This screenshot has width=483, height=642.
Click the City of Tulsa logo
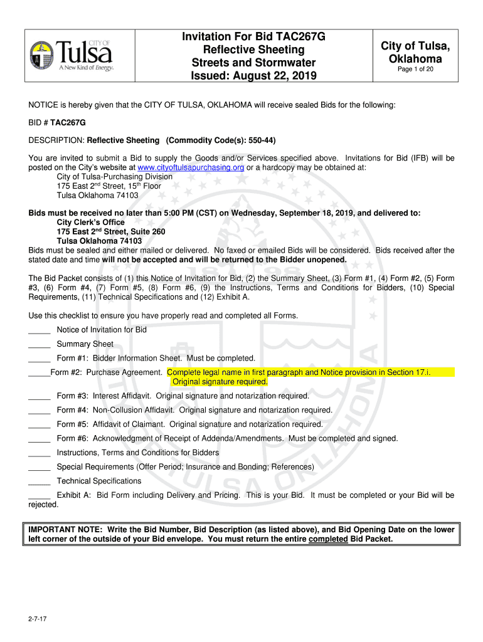[x=72, y=54]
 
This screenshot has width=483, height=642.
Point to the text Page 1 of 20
[x=415, y=70]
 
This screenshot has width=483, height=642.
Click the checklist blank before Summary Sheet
[x=39, y=344]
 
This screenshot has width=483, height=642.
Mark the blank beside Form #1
[x=39, y=358]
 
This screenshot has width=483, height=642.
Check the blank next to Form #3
[x=39, y=396]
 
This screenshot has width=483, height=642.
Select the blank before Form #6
[x=39, y=439]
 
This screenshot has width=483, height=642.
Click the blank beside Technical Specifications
[x=39, y=481]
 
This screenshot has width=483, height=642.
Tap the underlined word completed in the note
[x=329, y=539]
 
